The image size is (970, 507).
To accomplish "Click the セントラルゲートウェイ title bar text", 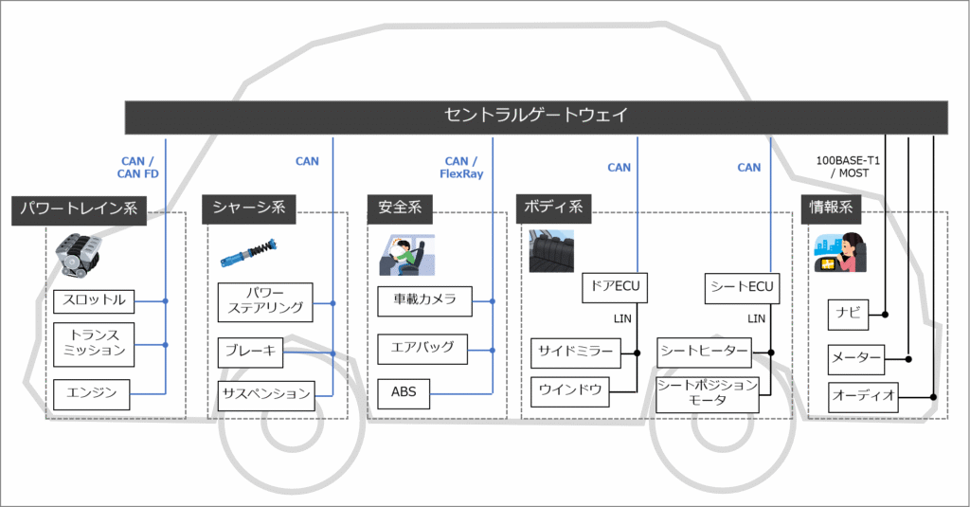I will pyautogui.click(x=536, y=116).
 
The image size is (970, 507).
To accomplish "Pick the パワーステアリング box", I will pyautogui.click(x=261, y=299).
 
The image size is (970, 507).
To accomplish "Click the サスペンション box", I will pyautogui.click(x=266, y=392).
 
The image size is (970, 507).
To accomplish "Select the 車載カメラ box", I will pyautogui.click(x=424, y=300).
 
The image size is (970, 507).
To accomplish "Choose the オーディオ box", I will pyautogui.click(x=863, y=396).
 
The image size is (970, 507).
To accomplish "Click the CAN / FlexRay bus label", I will pyautogui.click(x=464, y=167).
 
